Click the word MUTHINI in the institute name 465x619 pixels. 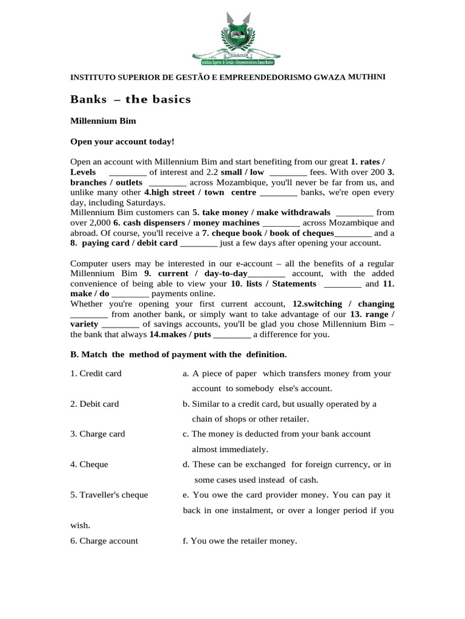(x=366, y=77)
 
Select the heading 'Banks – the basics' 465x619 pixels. (x=130, y=99)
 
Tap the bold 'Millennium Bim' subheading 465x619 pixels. (x=103, y=121)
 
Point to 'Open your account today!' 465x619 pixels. (x=122, y=141)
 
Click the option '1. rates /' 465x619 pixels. (x=368, y=162)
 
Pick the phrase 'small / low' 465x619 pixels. (x=242, y=172)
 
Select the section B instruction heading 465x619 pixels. (x=179, y=354)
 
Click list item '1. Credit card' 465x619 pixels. (x=96, y=374)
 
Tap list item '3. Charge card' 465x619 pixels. (x=97, y=434)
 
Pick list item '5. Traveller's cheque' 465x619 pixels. (x=109, y=495)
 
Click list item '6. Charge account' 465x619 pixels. (x=104, y=541)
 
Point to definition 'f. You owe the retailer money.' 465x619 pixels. (x=240, y=541)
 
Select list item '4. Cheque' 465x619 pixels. (x=89, y=464)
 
